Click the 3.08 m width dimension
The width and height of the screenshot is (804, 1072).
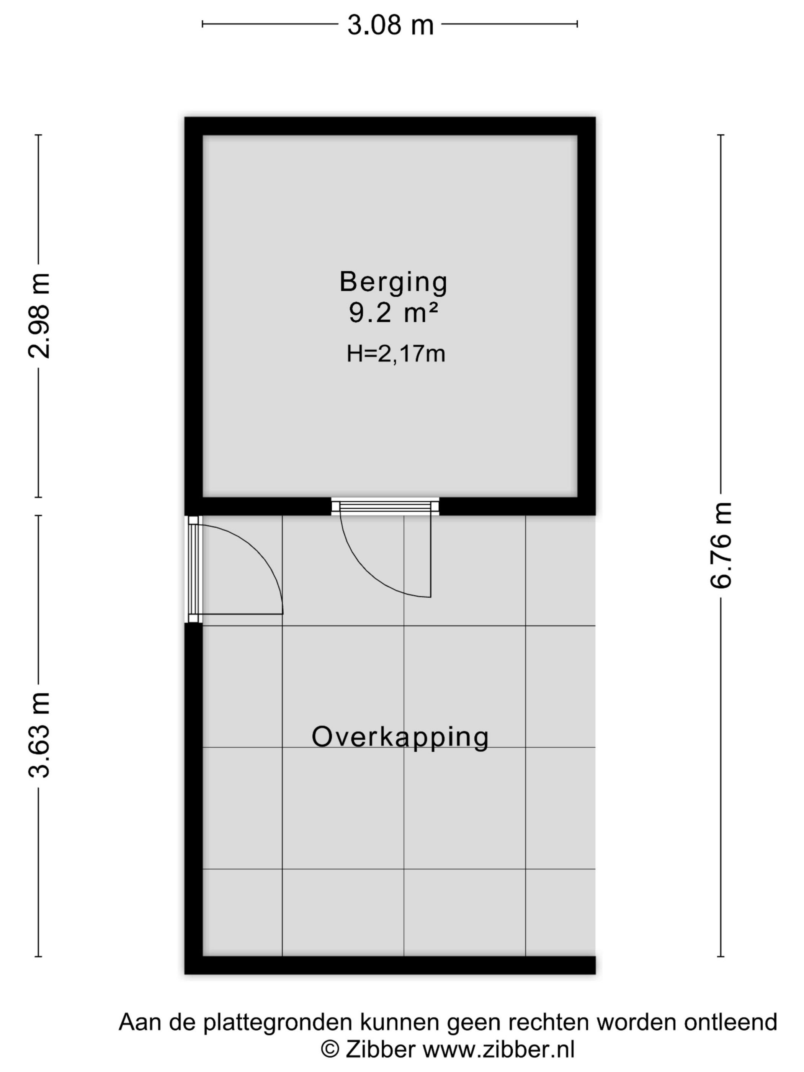tap(390, 25)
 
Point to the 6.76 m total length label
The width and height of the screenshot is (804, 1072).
tap(721, 545)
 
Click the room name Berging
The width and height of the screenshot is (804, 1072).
tap(393, 283)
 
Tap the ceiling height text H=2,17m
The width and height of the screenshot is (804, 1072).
tap(395, 354)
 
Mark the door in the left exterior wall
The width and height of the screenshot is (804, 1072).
tap(235, 569)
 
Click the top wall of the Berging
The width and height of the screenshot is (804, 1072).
tap(390, 126)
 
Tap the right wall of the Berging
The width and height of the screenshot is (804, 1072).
tap(587, 316)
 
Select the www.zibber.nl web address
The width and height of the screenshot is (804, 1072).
tap(499, 1050)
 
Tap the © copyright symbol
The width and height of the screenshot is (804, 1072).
tap(330, 1050)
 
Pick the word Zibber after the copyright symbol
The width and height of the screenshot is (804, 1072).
tap(381, 1050)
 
